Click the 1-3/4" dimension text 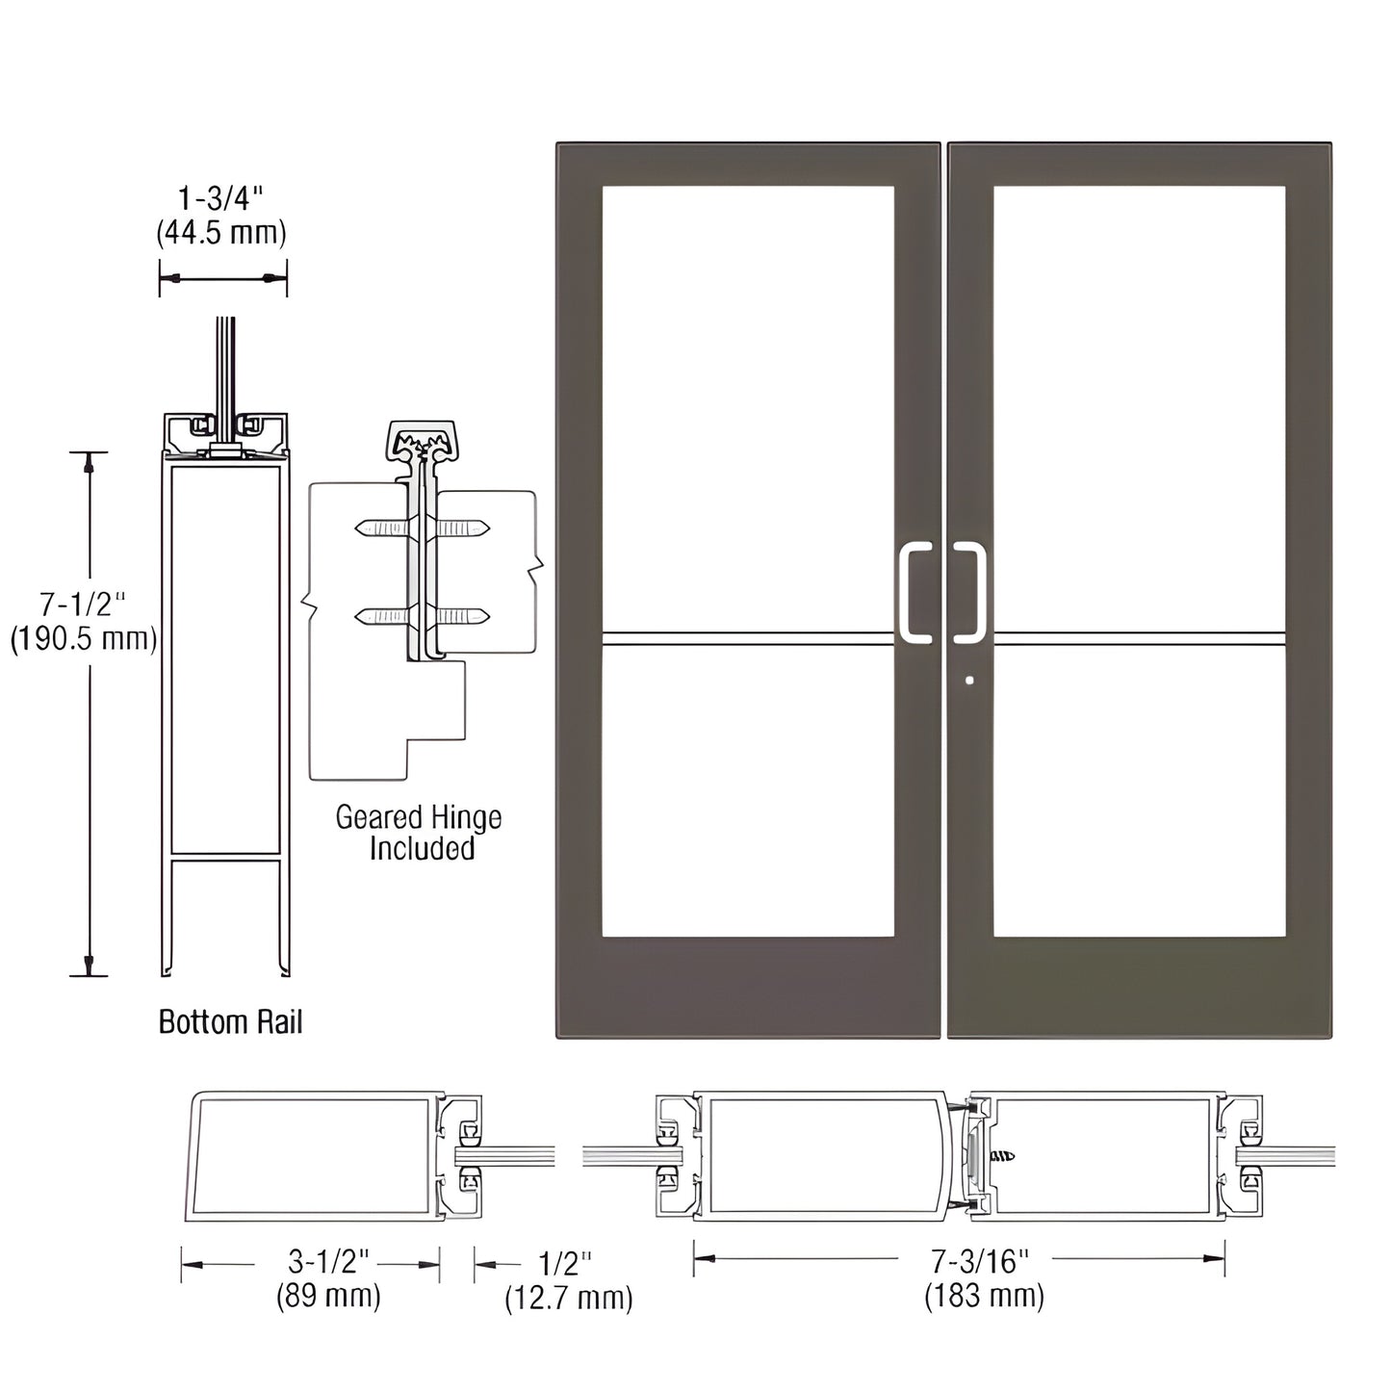[220, 199]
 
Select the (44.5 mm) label [221, 233]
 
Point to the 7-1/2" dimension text [83, 605]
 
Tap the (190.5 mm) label [84, 639]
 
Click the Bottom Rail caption [230, 1021]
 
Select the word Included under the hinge [422, 849]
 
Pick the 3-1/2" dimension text [329, 1262]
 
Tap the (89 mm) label [328, 1296]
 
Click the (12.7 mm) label [569, 1298]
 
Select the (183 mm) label [984, 1296]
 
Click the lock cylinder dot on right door [969, 681]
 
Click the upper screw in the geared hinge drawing [422, 528]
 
